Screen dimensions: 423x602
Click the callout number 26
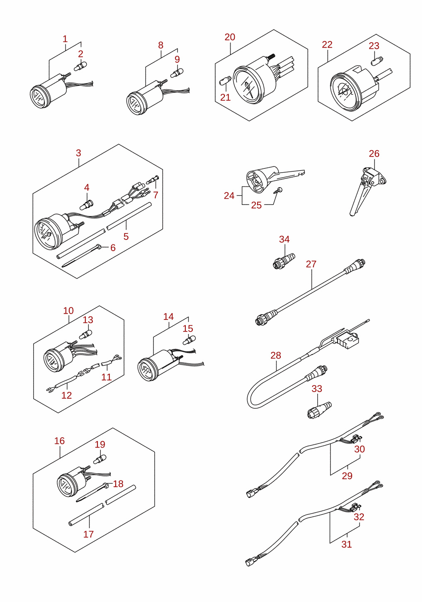point(374,154)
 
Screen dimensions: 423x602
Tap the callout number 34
point(284,239)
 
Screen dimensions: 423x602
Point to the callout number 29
point(347,476)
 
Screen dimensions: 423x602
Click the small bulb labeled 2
point(80,66)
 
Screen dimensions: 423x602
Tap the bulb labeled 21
point(225,80)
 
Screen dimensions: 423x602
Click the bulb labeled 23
point(377,61)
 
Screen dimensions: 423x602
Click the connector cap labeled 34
point(283,261)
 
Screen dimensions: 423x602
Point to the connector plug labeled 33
point(319,410)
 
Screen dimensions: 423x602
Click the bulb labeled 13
point(86,334)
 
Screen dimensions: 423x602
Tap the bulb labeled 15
point(189,340)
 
